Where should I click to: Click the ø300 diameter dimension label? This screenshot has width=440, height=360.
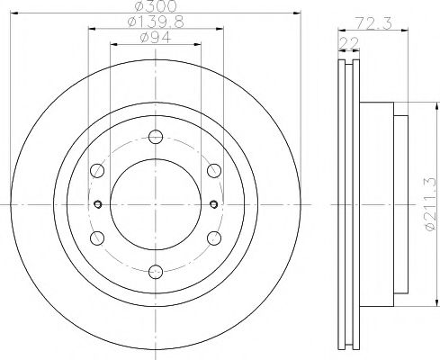(x=156, y=6)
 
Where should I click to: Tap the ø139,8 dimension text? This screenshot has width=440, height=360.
(x=156, y=22)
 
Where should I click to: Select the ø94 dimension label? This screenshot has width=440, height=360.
(x=156, y=38)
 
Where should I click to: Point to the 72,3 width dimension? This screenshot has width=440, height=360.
(x=373, y=23)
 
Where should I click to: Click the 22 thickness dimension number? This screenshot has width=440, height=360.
(x=349, y=42)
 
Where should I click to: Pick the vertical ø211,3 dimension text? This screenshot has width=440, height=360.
(x=430, y=204)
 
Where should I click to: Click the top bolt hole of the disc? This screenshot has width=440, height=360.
(x=156, y=137)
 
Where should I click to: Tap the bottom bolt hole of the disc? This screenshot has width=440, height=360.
(x=156, y=272)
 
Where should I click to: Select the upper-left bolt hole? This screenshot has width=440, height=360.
(x=97, y=170)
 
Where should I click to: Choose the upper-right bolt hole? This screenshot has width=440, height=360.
(x=214, y=170)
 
